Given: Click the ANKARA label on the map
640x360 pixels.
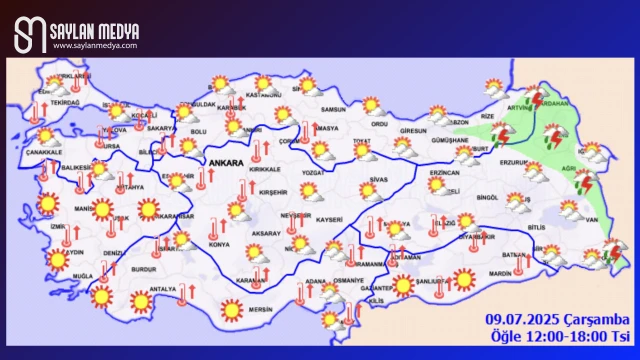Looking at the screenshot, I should point(225,161).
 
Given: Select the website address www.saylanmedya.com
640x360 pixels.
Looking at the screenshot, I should point(94,46).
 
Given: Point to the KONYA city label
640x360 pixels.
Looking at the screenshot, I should point(218,245).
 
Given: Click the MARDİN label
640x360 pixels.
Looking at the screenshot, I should point(487,272).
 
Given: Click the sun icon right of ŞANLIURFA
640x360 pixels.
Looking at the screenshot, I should point(463,280).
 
